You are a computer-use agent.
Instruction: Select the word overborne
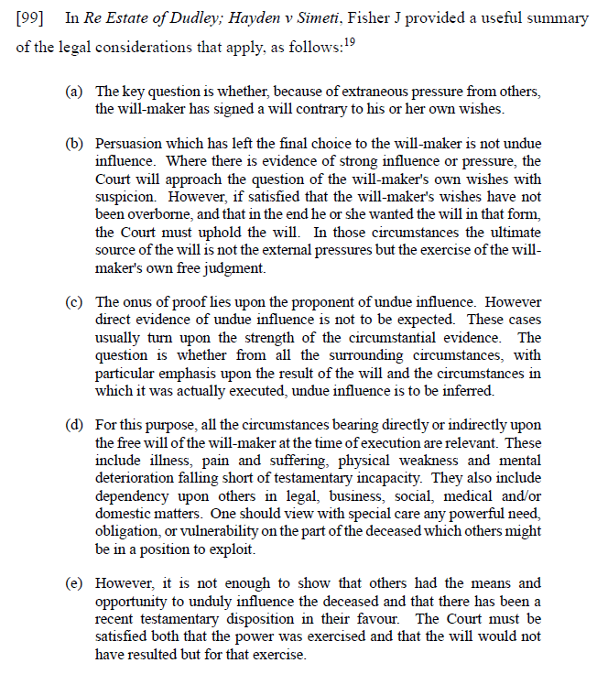129,215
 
